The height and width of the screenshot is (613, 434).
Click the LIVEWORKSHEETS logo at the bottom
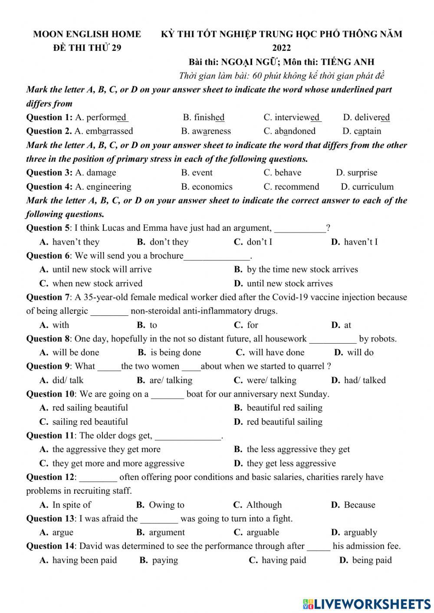pyautogui.click(x=367, y=604)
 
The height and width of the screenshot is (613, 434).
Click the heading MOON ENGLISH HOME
pyautogui.click(x=87, y=34)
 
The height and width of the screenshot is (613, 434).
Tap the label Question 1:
pyautogui.click(x=49, y=117)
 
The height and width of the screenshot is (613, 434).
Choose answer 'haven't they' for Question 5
pyautogui.click(x=76, y=242)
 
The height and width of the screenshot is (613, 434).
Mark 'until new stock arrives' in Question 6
pyautogui.click(x=289, y=284)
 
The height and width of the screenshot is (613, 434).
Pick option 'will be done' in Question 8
pyautogui.click(x=76, y=353)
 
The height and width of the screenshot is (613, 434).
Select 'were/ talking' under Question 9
pyautogui.click(x=271, y=380)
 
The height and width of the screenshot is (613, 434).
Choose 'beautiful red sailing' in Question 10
pyautogui.click(x=284, y=408)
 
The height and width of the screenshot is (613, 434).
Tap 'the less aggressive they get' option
pyautogui.click(x=298, y=449)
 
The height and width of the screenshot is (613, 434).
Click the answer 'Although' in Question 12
pyautogui.click(x=263, y=505)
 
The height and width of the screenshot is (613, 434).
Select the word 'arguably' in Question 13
pyautogui.click(x=360, y=532)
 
